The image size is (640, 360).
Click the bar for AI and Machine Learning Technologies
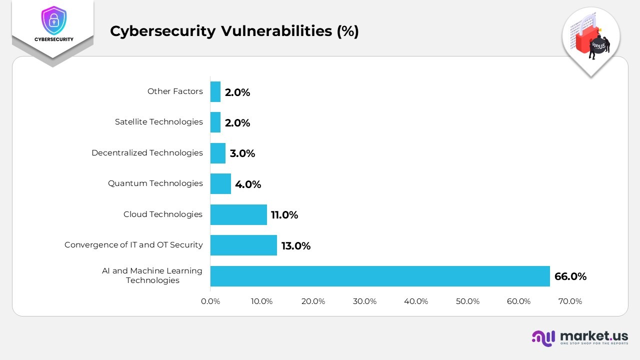click(x=380, y=276)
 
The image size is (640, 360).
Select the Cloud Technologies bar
click(x=238, y=214)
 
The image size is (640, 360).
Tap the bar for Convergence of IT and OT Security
click(x=243, y=245)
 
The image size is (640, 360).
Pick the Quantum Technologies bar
click(x=220, y=183)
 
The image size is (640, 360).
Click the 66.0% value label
click(x=570, y=276)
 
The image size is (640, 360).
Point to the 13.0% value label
click(x=295, y=246)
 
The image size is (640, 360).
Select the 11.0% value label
click(x=284, y=215)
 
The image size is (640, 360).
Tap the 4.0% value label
click(x=248, y=184)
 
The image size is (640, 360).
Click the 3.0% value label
click(x=242, y=153)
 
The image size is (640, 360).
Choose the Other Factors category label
click(x=175, y=91)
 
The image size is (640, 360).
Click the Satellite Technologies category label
click(x=158, y=122)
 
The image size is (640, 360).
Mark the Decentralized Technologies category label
click(x=147, y=153)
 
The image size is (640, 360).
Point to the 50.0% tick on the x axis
click(x=467, y=301)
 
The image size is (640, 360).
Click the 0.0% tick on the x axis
click(x=210, y=301)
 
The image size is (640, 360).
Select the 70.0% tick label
click(x=570, y=301)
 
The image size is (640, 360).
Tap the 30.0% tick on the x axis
click(x=364, y=301)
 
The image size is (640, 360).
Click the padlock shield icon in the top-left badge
click(x=53, y=20)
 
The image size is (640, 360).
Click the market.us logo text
click(x=594, y=335)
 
